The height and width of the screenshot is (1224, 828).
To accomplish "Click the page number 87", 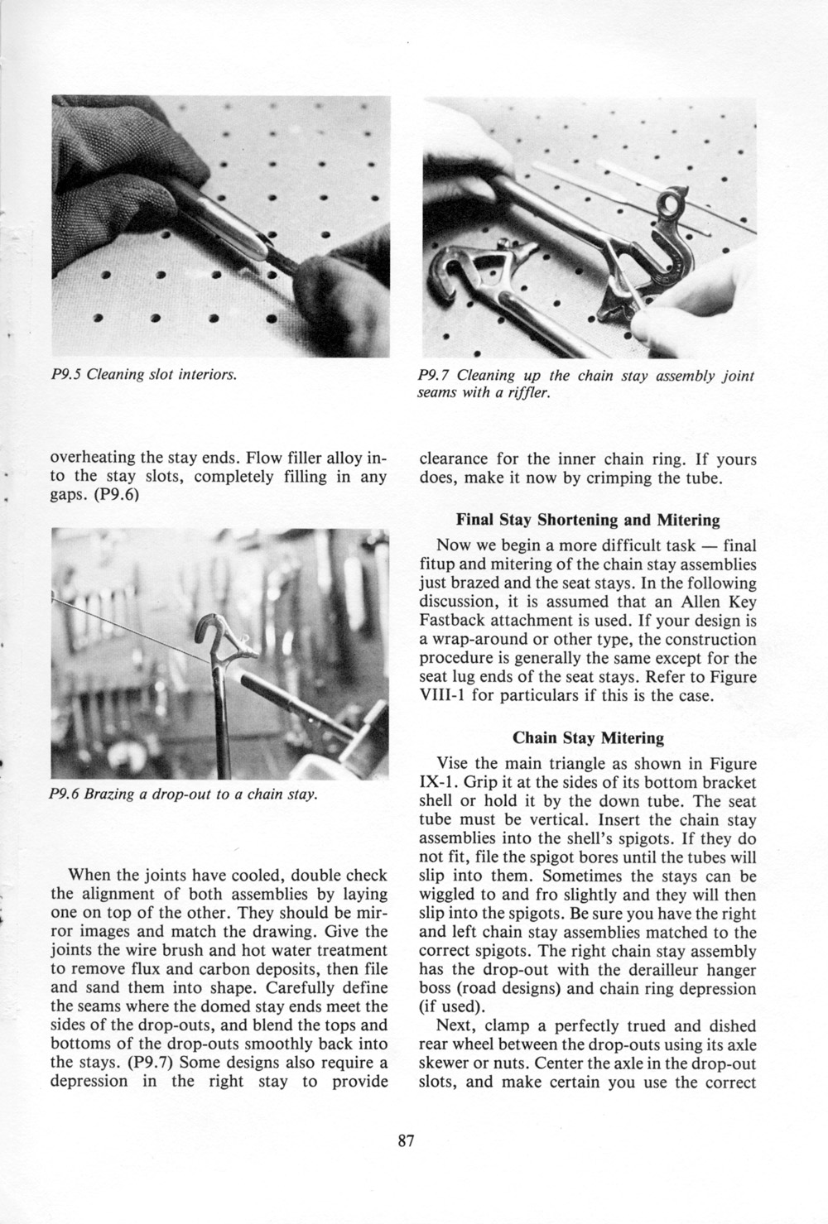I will click(405, 1141).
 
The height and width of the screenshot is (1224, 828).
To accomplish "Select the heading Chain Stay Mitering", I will click(588, 737).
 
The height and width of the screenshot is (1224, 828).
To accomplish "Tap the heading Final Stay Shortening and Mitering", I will click(588, 521).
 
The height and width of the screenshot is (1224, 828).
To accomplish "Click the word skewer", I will click(445, 1063).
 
